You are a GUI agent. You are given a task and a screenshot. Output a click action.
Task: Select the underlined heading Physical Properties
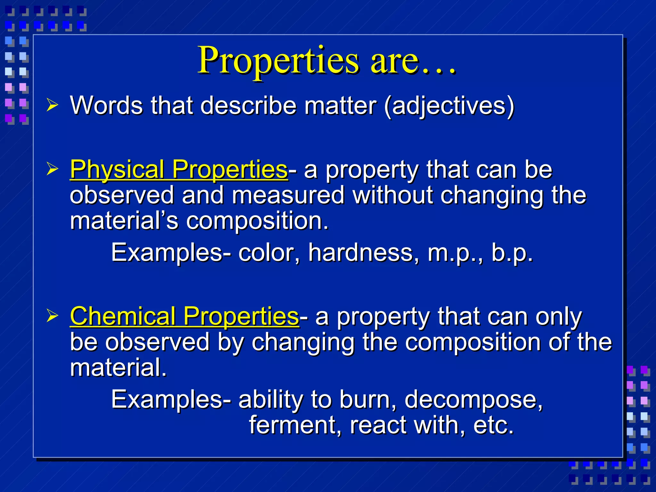point(179,169)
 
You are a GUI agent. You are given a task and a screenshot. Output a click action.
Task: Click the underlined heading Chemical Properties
point(184,316)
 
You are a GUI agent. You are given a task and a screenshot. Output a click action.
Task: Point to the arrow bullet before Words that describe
point(52,105)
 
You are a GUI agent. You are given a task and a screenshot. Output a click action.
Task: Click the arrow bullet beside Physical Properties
point(52,168)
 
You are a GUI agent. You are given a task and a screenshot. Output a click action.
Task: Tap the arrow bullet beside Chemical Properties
point(52,316)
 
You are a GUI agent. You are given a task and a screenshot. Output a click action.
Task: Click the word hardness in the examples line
point(364,253)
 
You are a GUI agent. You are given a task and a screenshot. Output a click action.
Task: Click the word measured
point(288,195)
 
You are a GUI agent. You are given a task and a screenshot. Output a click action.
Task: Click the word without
point(393,195)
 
